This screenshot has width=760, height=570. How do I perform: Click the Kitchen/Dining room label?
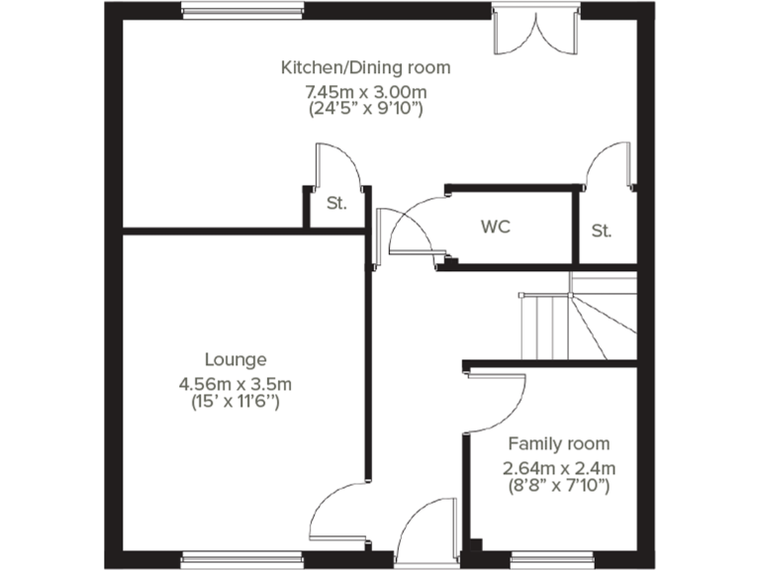click(x=366, y=67)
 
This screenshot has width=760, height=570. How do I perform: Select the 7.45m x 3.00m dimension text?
click(x=366, y=91)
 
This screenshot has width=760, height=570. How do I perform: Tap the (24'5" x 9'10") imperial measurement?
click(x=366, y=109)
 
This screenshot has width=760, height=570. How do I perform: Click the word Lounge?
click(x=236, y=359)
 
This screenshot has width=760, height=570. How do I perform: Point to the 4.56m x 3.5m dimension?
click(x=236, y=384)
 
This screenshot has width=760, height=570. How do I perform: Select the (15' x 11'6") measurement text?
click(x=236, y=402)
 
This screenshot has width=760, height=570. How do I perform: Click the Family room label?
click(x=558, y=443)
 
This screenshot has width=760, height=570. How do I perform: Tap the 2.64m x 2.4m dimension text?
click(x=558, y=468)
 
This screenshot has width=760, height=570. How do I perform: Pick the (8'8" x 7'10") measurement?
click(x=558, y=486)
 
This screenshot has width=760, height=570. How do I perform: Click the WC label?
click(x=496, y=227)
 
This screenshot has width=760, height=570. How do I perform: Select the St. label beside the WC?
click(x=602, y=232)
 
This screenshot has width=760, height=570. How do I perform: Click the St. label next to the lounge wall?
click(x=336, y=205)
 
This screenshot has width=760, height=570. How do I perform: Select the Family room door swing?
click(x=500, y=401)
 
